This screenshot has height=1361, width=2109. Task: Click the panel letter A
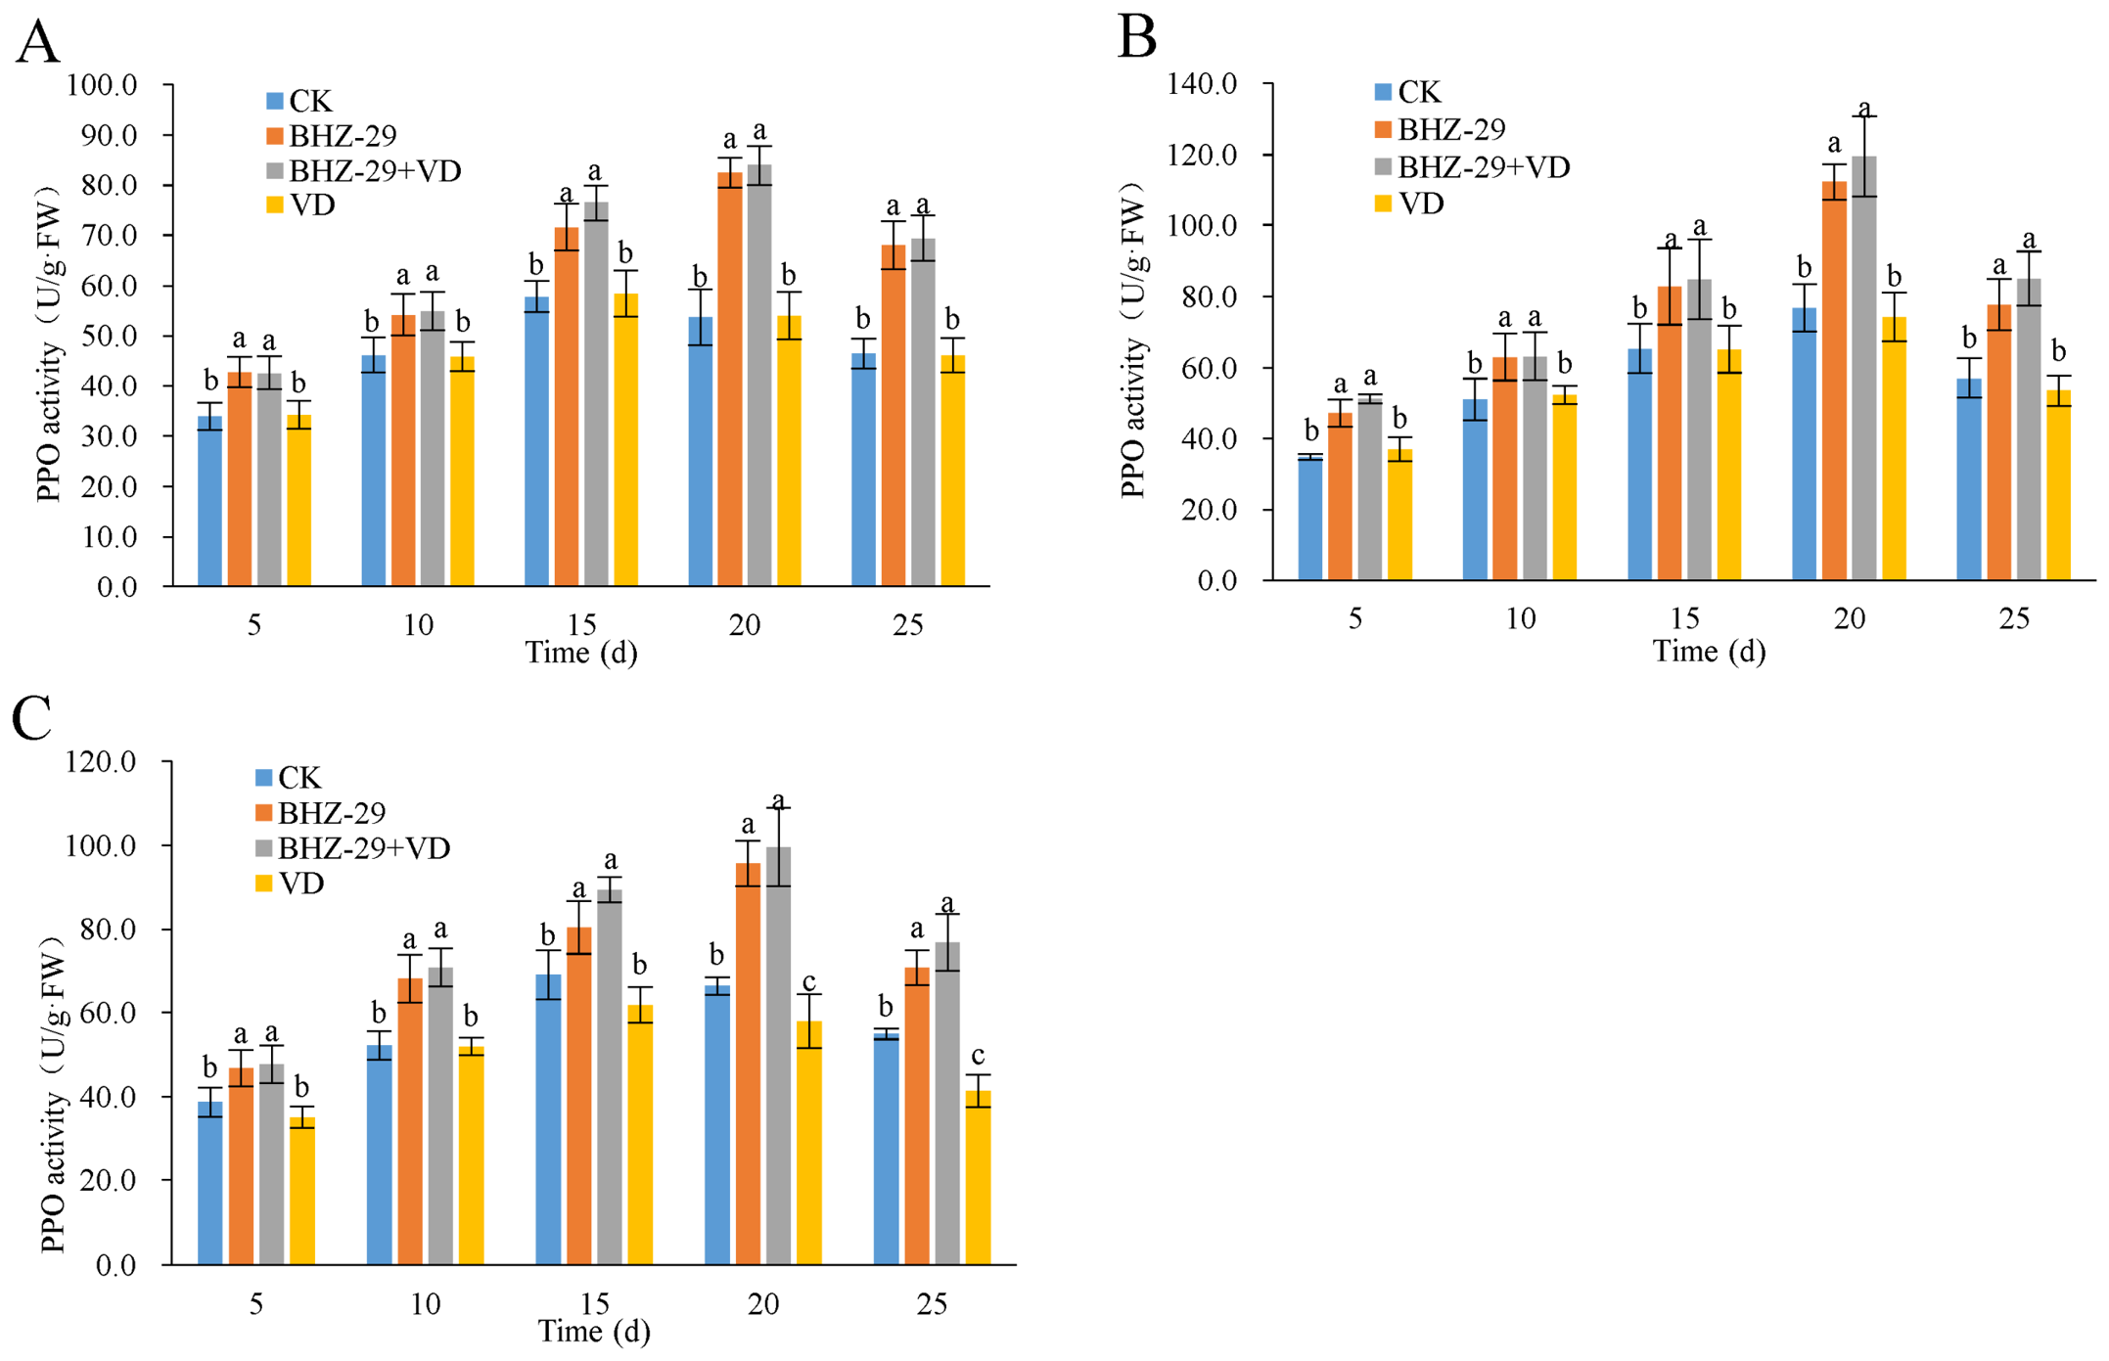[38, 41]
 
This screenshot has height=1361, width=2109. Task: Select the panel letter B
[1137, 36]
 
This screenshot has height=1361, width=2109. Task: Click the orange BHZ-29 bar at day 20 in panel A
[730, 380]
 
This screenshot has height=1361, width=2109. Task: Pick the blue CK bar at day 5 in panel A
[210, 501]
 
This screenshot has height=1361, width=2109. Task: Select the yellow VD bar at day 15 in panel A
[625, 440]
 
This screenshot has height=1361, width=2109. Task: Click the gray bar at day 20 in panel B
[1863, 368]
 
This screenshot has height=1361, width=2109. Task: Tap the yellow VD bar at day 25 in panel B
[2058, 485]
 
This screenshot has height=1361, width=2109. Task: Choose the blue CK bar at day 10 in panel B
[1475, 490]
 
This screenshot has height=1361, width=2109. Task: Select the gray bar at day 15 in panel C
[609, 1077]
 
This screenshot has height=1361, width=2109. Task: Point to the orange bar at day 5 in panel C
[241, 1166]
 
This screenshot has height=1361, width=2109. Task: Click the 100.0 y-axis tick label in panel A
[102, 85]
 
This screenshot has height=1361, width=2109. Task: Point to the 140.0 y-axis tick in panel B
[1203, 84]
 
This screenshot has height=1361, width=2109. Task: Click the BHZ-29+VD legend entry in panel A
[363, 170]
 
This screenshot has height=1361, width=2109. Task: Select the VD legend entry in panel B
[1409, 204]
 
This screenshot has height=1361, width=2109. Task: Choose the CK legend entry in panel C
[288, 778]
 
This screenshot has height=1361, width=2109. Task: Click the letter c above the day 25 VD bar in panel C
[978, 1056]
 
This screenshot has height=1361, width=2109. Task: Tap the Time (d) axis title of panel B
[1709, 652]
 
